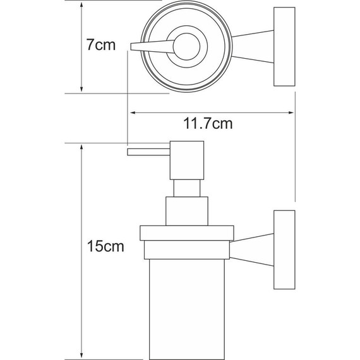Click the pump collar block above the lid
tap(187, 210)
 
